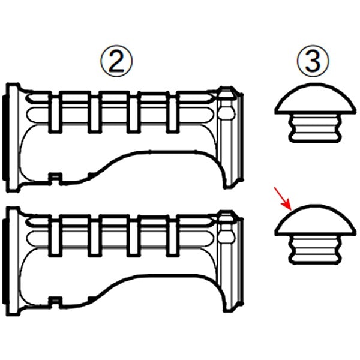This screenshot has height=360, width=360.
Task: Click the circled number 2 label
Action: coord(116,61)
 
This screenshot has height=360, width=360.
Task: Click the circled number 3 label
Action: coord(313,61)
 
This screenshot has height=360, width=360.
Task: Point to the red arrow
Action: coord(283,199)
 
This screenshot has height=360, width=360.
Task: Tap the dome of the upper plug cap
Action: coord(313,99)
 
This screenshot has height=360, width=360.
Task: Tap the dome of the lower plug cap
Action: coord(313,220)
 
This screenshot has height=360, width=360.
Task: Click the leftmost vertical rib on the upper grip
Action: coord(55,113)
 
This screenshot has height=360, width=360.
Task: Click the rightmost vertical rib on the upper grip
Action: coord(172,113)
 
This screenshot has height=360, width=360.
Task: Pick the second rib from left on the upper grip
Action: coord(94,113)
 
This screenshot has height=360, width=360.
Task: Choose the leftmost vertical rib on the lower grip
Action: coord(55,236)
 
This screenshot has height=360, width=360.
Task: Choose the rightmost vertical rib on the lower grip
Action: coord(172,236)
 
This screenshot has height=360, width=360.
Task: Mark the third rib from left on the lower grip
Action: coord(133,236)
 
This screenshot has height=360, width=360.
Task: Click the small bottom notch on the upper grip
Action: coord(55,179)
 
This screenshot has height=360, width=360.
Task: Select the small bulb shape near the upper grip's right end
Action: coord(227,112)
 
